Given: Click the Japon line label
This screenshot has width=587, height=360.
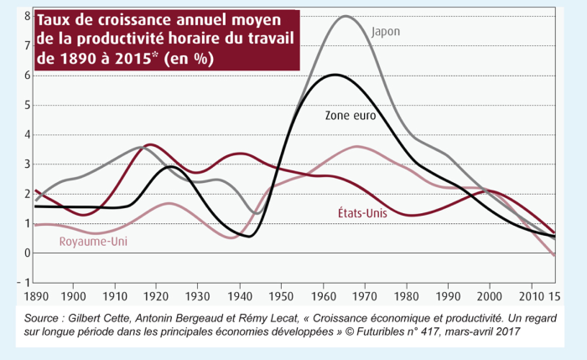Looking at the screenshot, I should pos(386,31).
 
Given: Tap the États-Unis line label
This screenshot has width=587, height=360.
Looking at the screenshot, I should pos(351,213).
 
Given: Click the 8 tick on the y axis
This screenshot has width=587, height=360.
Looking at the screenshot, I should pos(27,16).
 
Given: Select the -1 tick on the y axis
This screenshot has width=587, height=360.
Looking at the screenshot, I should pos(25,282).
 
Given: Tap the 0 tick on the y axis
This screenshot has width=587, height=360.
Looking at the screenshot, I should pos(27,253).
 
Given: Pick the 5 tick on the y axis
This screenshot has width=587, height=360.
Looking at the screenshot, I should pos(27,105).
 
